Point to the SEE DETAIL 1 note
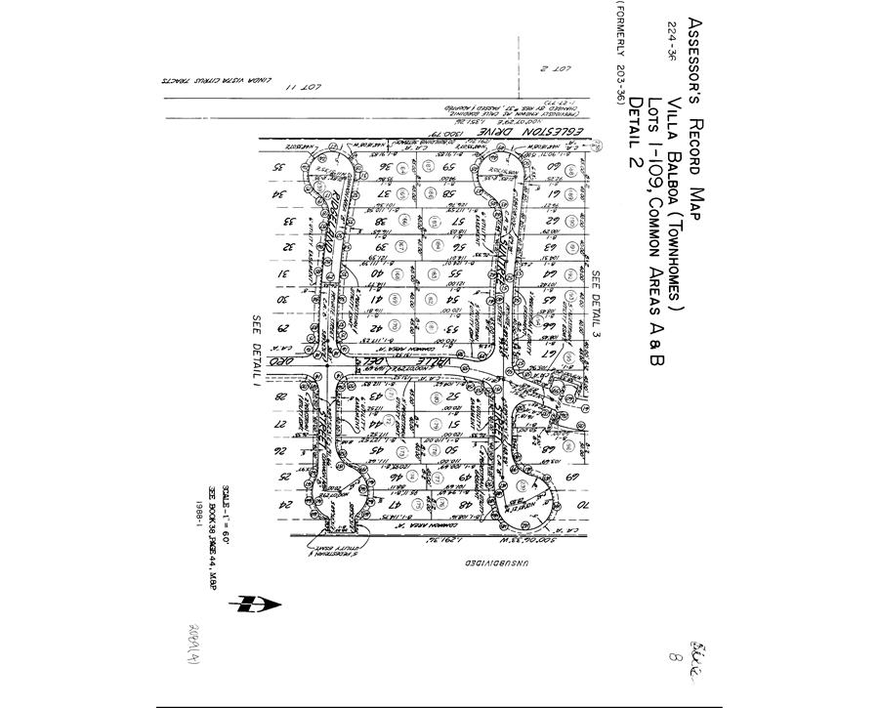click(x=258, y=352)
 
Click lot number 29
click(x=287, y=329)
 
